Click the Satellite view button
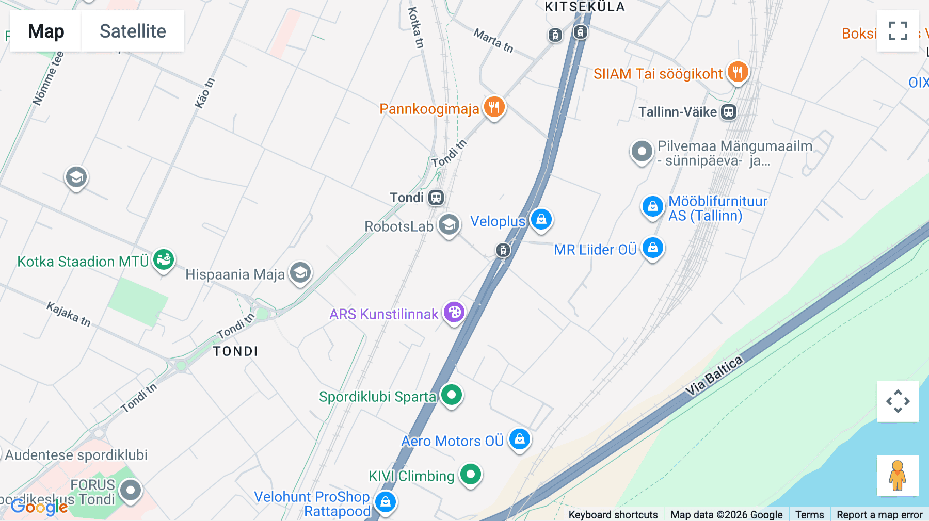pos(133,31)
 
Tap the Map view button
pos(46,31)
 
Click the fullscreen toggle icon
pos(898,31)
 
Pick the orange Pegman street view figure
pos(898,475)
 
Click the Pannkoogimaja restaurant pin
pos(494,107)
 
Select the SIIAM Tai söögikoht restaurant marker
pos(738,72)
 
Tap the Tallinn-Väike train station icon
pos(728,112)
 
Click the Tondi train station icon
pos(436,198)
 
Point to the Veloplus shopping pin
pos(541,219)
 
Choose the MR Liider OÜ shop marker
pos(652,248)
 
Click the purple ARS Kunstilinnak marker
pos(454,312)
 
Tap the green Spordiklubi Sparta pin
pos(452,395)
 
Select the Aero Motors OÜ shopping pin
pos(519,439)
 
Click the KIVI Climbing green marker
pos(470,474)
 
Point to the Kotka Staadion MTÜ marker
pos(164,259)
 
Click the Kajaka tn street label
pos(69,314)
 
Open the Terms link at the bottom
pos(809,514)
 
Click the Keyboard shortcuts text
pos(613,514)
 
